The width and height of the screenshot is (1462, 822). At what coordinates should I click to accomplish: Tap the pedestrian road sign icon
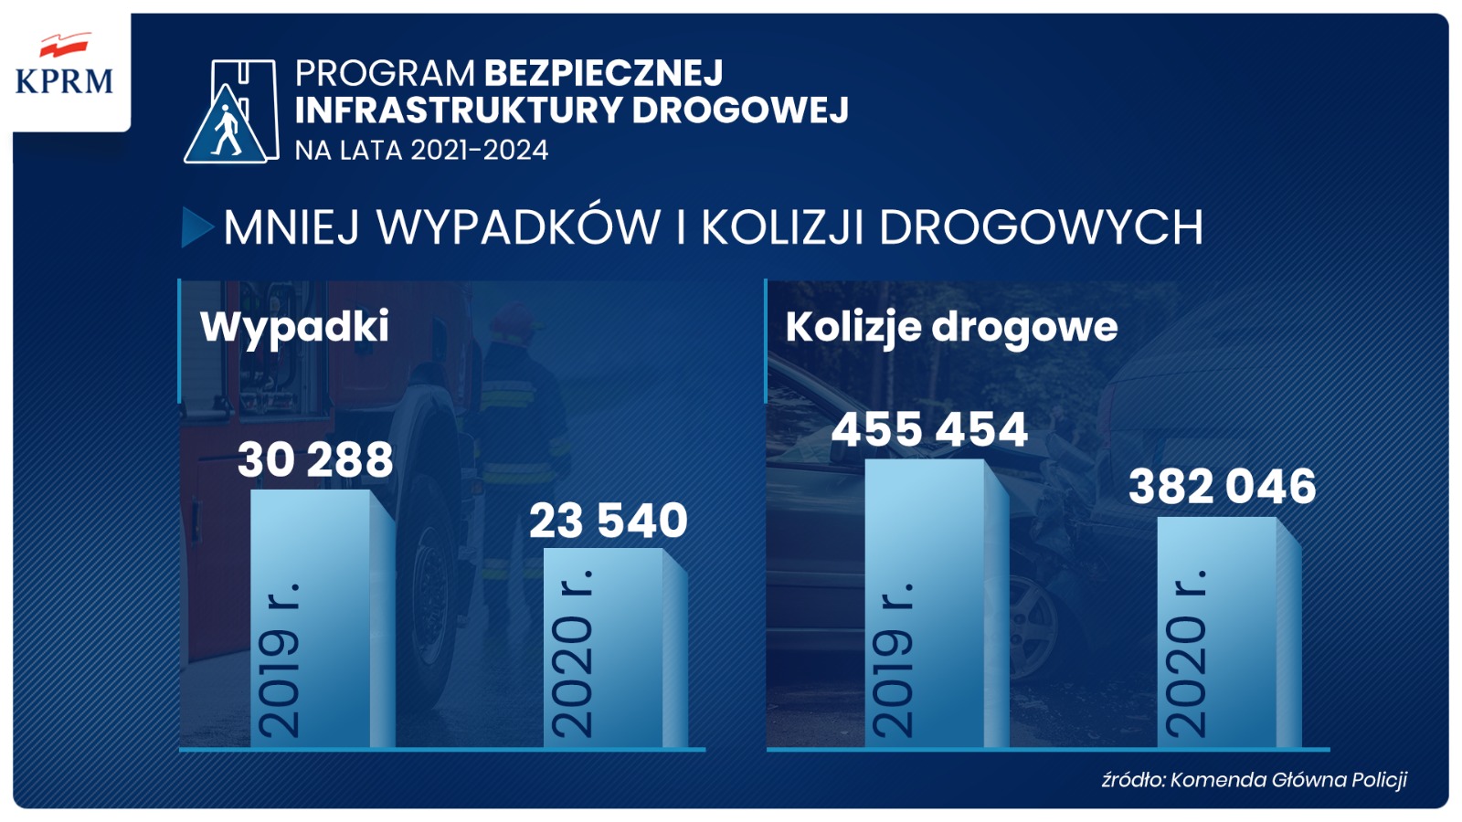[230, 112]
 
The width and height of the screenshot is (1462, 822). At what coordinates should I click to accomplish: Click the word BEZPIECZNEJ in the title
[603, 73]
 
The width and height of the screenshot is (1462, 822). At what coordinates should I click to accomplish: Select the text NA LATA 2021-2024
[421, 150]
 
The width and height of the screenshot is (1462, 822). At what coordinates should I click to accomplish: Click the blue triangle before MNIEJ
[196, 227]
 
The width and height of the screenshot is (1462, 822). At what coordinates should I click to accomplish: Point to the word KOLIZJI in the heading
[781, 227]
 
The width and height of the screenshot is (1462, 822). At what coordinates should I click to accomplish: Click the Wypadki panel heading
[294, 326]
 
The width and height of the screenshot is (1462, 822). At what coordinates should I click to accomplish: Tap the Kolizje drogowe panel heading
[951, 326]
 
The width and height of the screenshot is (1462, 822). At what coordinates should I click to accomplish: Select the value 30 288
[315, 459]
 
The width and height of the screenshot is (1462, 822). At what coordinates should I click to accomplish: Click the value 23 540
[608, 521]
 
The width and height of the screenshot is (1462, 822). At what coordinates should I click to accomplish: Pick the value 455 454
[929, 429]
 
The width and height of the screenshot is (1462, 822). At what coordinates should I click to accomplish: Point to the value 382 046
[1222, 486]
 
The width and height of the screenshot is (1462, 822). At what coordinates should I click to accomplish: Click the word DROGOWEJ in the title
[740, 111]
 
